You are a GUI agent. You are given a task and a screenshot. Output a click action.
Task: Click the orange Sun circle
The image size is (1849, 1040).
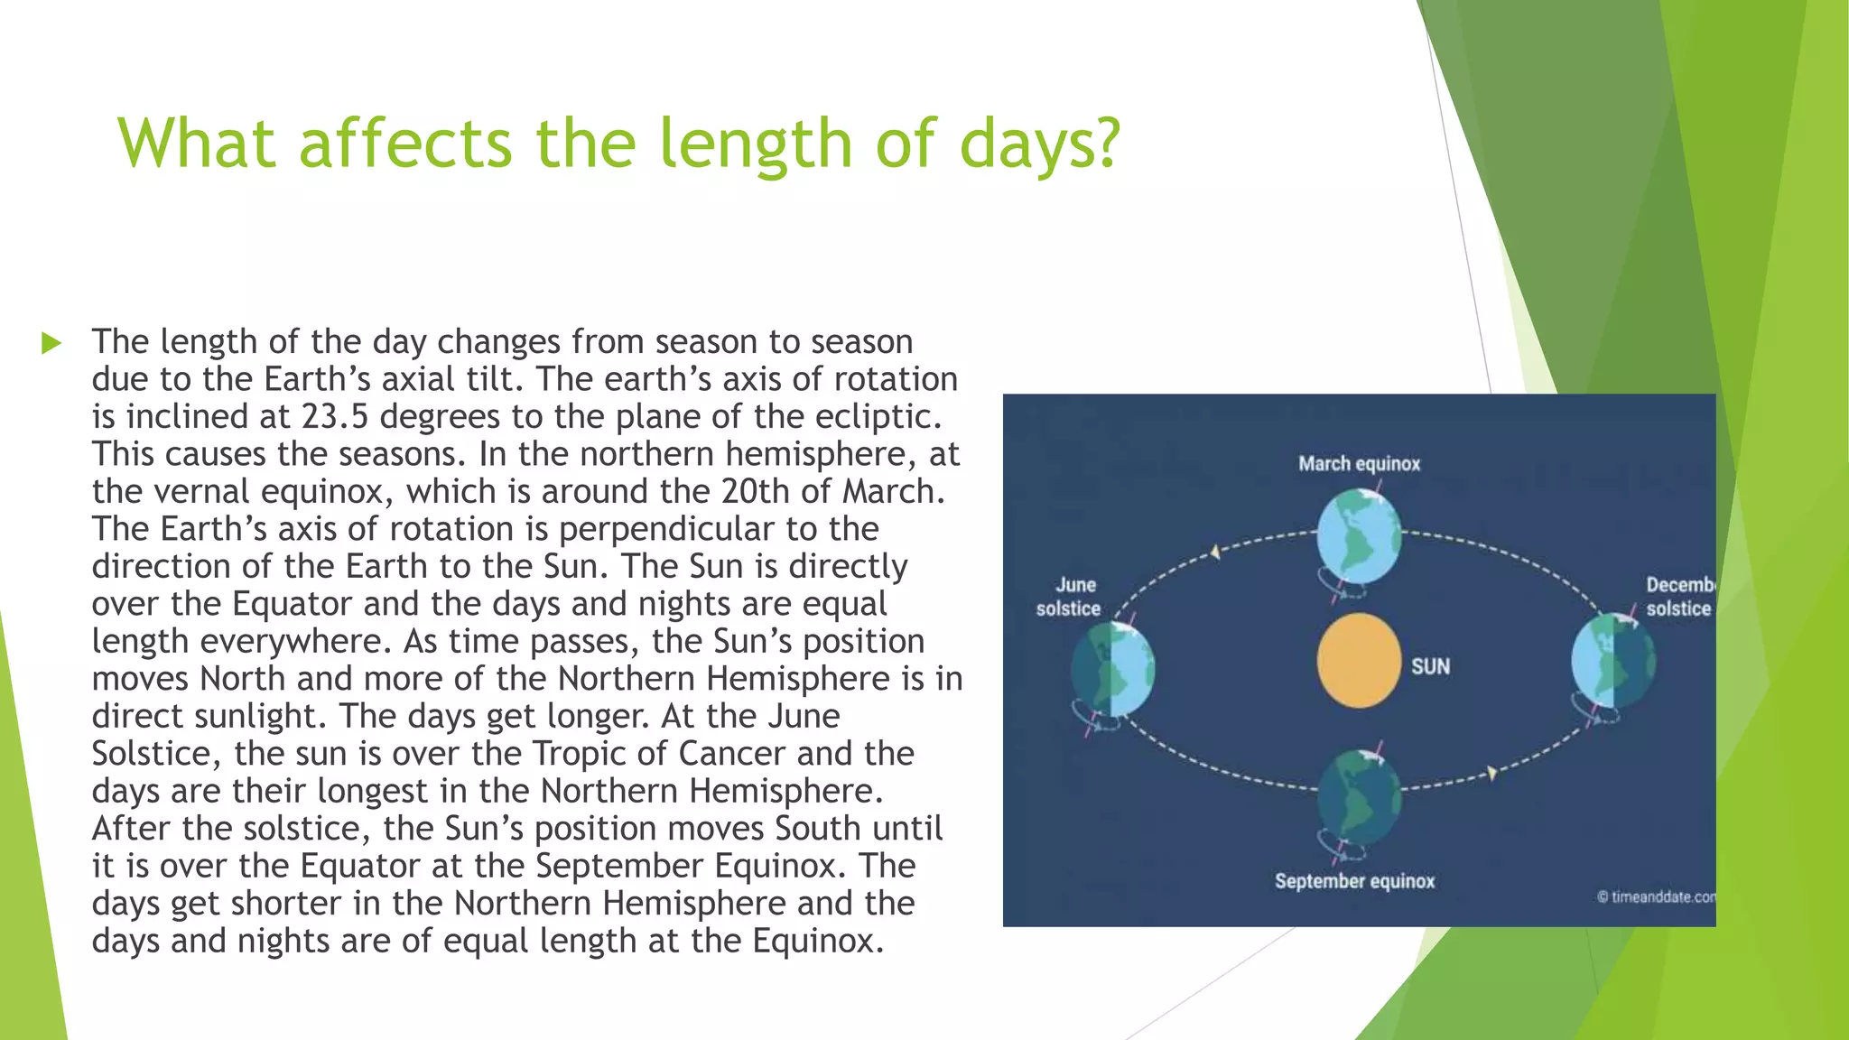pyautogui.click(x=1359, y=661)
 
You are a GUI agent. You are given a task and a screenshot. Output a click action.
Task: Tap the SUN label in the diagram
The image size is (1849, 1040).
pyautogui.click(x=1430, y=667)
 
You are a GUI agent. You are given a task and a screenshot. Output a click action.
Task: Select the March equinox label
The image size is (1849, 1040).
pyautogui.click(x=1359, y=464)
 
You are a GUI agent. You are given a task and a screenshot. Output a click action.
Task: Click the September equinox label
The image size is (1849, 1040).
pyautogui.click(x=1354, y=881)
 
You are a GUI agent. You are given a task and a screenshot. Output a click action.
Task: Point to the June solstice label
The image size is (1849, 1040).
pyautogui.click(x=1070, y=597)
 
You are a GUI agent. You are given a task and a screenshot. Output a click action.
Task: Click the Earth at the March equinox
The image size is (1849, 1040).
pyautogui.click(x=1359, y=537)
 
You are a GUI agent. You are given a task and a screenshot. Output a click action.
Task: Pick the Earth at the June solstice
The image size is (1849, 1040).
pyautogui.click(x=1113, y=670)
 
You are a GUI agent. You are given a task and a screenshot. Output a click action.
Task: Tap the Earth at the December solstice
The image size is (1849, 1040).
pyautogui.click(x=1613, y=661)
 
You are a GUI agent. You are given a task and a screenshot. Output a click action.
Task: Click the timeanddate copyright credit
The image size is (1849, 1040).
pyautogui.click(x=1656, y=897)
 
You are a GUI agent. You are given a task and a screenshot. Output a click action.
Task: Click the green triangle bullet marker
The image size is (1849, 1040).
pyautogui.click(x=51, y=343)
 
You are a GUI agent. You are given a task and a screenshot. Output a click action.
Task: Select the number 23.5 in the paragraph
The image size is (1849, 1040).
pyautogui.click(x=335, y=417)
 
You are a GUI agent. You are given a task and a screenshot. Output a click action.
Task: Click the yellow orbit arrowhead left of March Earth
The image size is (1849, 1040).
pyautogui.click(x=1216, y=552)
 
